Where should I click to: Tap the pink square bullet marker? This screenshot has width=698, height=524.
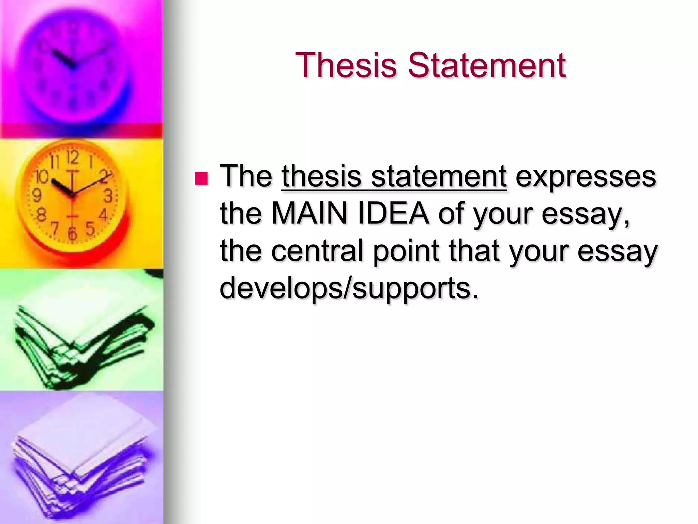click(x=201, y=178)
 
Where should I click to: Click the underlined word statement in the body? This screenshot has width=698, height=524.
click(x=439, y=176)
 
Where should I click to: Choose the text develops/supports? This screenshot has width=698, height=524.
click(x=349, y=289)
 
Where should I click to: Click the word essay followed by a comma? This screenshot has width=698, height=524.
click(x=585, y=215)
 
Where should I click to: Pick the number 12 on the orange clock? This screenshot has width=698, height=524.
click(x=73, y=157)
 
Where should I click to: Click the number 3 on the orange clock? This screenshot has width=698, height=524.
click(x=108, y=196)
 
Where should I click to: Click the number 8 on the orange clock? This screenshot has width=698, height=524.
click(x=42, y=215)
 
